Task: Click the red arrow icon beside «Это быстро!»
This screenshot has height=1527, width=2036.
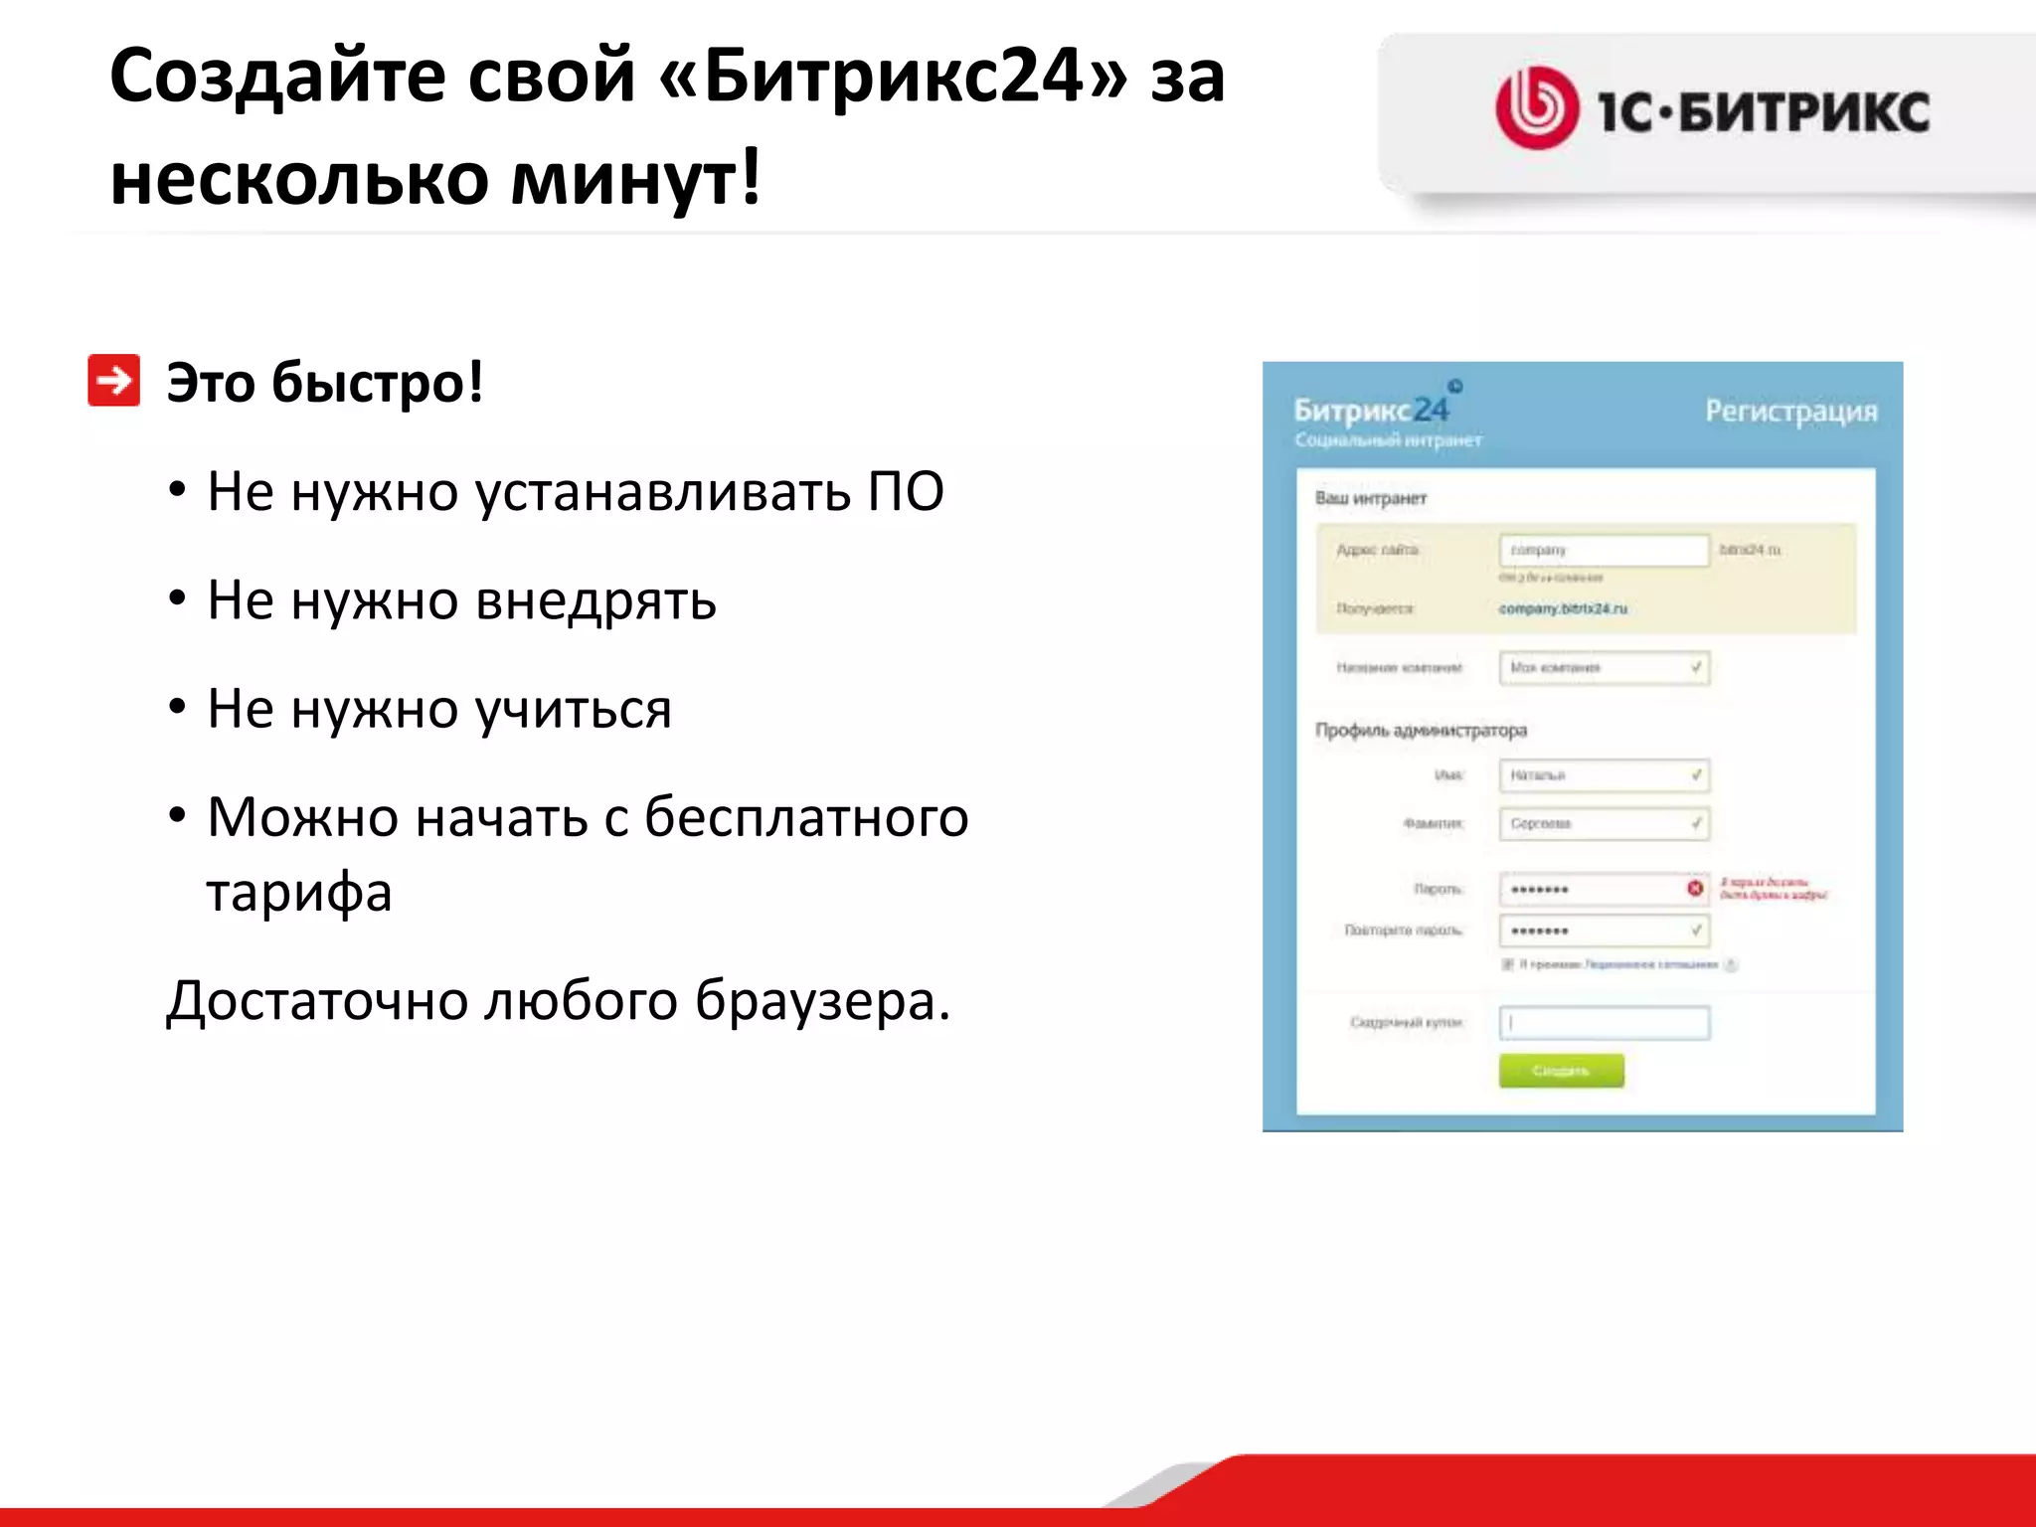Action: tap(113, 381)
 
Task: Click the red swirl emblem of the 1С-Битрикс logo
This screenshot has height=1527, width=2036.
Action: tap(1536, 108)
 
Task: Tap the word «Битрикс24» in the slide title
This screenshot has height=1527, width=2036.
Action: tap(892, 76)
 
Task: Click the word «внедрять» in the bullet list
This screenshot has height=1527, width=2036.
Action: tap(595, 600)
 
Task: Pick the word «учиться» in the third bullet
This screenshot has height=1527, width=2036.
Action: tap(573, 710)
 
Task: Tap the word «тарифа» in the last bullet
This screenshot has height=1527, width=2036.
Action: tap(299, 892)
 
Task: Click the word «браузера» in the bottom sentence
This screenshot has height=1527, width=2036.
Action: tap(821, 1000)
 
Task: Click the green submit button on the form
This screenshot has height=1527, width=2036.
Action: tap(1561, 1071)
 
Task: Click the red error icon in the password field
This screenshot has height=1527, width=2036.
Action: tap(1695, 888)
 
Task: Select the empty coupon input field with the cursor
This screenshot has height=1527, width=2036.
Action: tap(1604, 1023)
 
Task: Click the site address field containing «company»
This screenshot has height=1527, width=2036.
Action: tap(1604, 550)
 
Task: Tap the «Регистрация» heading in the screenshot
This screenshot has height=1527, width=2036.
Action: tap(1790, 411)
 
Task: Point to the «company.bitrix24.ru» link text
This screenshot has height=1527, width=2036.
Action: tap(1563, 608)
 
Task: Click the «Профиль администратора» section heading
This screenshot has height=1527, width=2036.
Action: tap(1421, 731)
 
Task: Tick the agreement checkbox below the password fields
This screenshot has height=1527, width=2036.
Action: tap(1507, 964)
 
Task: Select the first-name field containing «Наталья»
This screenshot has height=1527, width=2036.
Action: tap(1604, 775)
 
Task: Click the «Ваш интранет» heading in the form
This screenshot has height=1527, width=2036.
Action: tap(1370, 498)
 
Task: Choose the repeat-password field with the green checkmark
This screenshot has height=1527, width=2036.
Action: tap(1604, 931)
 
